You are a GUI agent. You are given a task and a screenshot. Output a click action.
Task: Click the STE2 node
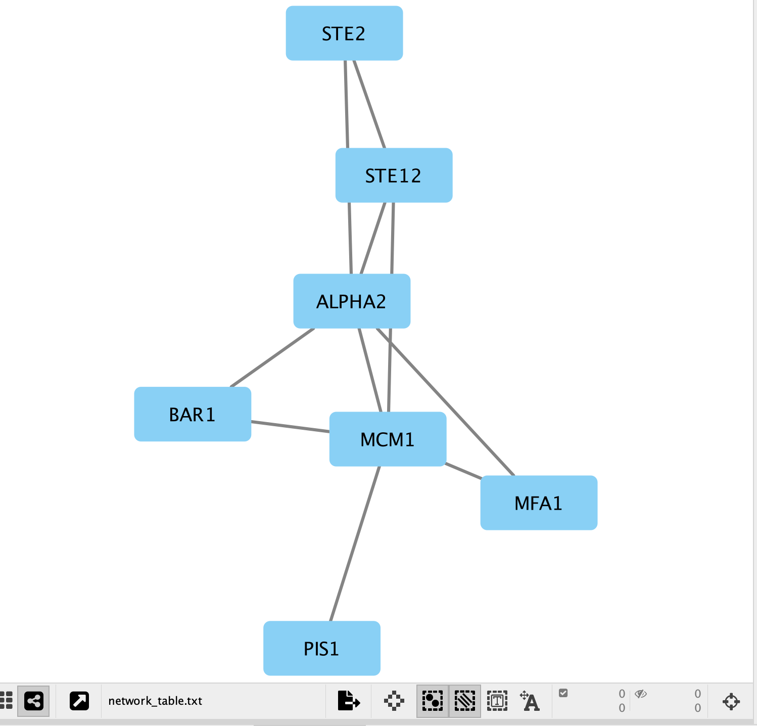click(x=344, y=33)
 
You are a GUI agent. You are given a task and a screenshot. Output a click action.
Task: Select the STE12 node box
click(x=394, y=175)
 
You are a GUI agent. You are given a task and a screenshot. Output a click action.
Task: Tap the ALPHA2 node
click(x=352, y=301)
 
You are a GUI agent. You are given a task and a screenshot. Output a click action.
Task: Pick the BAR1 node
click(x=193, y=415)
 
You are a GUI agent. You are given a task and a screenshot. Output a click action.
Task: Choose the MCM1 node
click(x=388, y=439)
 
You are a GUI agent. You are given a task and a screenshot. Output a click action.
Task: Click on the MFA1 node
click(x=539, y=503)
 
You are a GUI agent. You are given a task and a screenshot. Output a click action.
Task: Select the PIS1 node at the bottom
click(x=321, y=649)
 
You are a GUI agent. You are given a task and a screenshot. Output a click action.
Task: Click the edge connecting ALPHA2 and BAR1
click(x=272, y=358)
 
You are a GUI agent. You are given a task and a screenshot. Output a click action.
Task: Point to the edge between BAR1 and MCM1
click(x=290, y=427)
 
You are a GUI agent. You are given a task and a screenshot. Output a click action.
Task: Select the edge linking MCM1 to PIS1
click(x=355, y=543)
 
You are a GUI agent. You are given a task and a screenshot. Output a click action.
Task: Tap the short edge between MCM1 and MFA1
click(x=463, y=471)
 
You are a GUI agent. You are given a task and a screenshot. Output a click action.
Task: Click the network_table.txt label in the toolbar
click(x=155, y=701)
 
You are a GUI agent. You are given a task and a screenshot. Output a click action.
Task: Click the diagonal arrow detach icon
click(x=79, y=701)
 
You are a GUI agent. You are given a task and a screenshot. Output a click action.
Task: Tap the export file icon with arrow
click(x=348, y=701)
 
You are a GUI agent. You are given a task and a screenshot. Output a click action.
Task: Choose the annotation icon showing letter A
click(x=530, y=701)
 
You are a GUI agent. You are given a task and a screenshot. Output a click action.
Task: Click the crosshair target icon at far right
click(x=731, y=701)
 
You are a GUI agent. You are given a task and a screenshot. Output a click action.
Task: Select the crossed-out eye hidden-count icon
click(x=641, y=694)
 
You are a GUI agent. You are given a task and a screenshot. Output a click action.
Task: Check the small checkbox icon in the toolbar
click(x=563, y=693)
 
